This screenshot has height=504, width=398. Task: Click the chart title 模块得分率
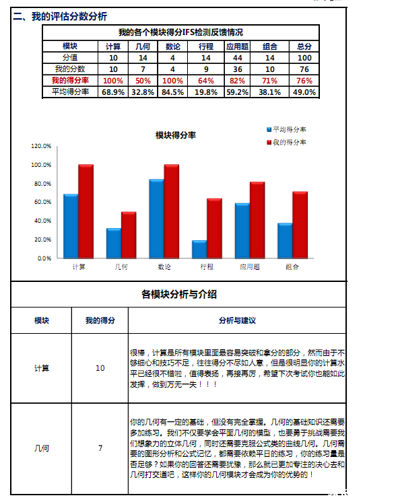(x=176, y=135)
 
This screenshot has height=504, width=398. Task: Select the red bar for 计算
(x=86, y=211)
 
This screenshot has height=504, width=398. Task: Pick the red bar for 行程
(x=214, y=228)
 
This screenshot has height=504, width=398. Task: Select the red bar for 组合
(x=300, y=225)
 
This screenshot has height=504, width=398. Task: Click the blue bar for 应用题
(x=242, y=230)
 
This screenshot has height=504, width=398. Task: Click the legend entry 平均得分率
(x=288, y=129)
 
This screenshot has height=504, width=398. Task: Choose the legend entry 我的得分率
(x=288, y=142)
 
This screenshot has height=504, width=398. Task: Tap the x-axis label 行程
(x=207, y=267)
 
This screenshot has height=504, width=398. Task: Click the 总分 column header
(x=304, y=46)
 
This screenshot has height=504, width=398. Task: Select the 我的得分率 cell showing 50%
(x=143, y=81)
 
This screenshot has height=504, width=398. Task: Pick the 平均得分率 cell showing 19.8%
(x=207, y=92)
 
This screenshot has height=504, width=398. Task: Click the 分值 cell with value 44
(x=237, y=58)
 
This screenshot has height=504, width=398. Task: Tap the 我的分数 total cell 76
(x=304, y=69)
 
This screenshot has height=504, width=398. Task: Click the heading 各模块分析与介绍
(x=179, y=294)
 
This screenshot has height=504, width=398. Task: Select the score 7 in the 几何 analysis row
(x=100, y=448)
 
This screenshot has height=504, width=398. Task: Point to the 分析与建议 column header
(x=237, y=320)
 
